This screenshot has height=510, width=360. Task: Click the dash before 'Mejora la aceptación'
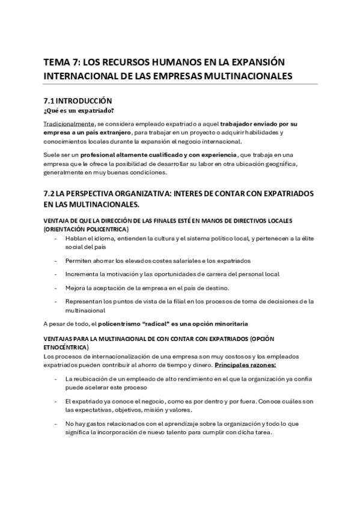tap(55, 287)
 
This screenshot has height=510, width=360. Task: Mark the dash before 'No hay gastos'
tap(55, 423)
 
